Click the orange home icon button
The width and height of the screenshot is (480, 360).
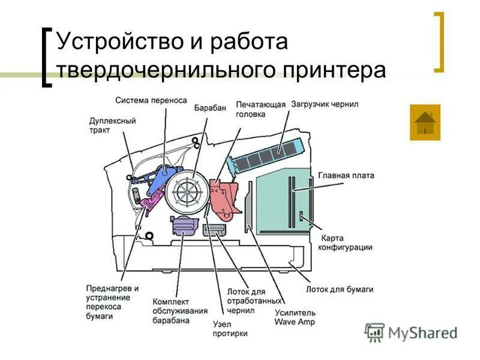tap(425, 122)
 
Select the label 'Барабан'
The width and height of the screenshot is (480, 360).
tap(210, 108)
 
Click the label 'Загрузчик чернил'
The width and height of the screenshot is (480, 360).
tap(325, 104)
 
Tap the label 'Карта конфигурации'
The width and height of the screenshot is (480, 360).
tap(345, 242)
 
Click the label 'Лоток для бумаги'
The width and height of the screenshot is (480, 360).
tap(340, 289)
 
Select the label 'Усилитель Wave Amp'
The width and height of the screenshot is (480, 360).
tap(295, 317)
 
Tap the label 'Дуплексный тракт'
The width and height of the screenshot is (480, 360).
tap(112, 125)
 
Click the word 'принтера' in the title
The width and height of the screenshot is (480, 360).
tap(334, 70)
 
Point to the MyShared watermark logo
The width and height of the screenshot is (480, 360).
tap(410, 332)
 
